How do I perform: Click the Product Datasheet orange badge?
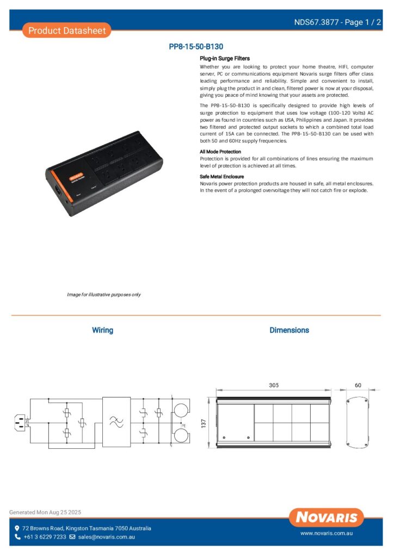[67, 30]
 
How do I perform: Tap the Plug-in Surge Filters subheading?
[225, 58]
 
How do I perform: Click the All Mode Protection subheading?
[220, 152]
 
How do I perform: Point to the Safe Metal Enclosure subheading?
[222, 177]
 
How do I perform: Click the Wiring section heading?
[102, 330]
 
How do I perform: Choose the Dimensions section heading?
[289, 330]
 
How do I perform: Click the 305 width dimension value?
[274, 385]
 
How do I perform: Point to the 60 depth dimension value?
[358, 385]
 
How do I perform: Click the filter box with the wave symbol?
[116, 422]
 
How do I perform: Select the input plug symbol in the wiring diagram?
[20, 421]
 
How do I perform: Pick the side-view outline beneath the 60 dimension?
[358, 423]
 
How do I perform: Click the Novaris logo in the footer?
[327, 517]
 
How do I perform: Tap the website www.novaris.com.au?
[327, 534]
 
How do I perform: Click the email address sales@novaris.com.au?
[106, 537]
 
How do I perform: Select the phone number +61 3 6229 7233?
[45, 537]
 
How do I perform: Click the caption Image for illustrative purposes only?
[104, 294]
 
